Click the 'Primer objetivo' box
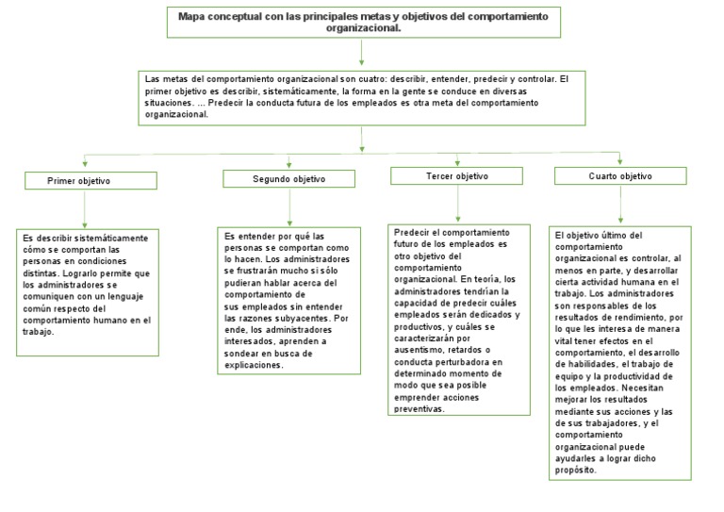[x=90, y=181]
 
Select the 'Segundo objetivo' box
[x=288, y=178]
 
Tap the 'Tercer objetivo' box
[x=456, y=176]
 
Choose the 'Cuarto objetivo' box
[x=619, y=176]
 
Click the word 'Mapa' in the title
[x=194, y=17]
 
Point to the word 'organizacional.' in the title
[x=361, y=28]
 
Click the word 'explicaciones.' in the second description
[x=254, y=364]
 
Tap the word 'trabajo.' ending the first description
[x=40, y=332]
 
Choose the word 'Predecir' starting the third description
[x=410, y=232]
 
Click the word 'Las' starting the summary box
[x=152, y=77]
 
